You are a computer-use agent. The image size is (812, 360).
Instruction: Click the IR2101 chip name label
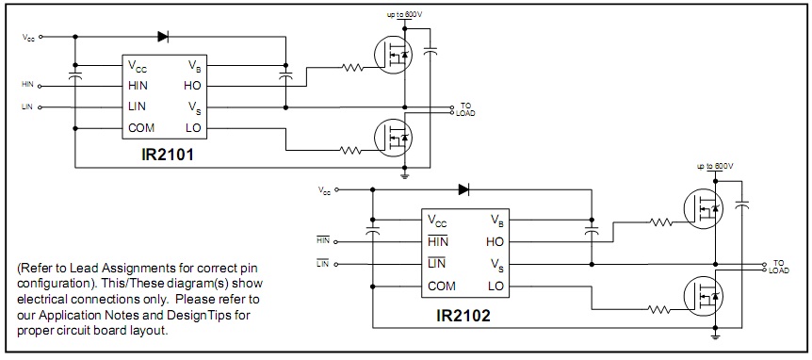pos(168,155)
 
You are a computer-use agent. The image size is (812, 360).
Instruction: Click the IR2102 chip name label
pos(463,316)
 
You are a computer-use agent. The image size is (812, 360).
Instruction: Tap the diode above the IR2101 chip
pos(163,36)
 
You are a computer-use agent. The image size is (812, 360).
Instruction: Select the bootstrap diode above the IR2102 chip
pos(463,189)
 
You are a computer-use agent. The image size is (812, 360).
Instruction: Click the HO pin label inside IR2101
pos(192,86)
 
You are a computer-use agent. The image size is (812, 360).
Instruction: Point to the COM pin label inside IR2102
pos(442,286)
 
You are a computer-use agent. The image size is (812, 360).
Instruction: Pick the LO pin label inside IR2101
pos(193,128)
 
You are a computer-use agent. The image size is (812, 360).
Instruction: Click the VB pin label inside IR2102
pos(496,220)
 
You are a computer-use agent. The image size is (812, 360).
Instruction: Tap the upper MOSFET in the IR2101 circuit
pos(393,54)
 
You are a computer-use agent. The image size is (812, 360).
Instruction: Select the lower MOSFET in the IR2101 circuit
pos(393,138)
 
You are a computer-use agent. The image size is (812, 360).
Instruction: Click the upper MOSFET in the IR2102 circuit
pos(704,209)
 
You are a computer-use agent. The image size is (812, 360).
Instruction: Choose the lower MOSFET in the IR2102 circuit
pos(704,296)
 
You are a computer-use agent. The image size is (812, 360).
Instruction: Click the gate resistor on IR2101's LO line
pos(350,151)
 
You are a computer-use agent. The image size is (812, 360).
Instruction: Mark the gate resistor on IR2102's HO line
pos(660,222)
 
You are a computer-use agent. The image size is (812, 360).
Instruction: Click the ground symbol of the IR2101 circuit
pos(405,175)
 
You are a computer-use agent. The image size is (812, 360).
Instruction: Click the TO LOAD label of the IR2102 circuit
pos(779,267)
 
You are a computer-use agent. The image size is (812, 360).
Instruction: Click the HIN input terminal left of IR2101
pos(40,86)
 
